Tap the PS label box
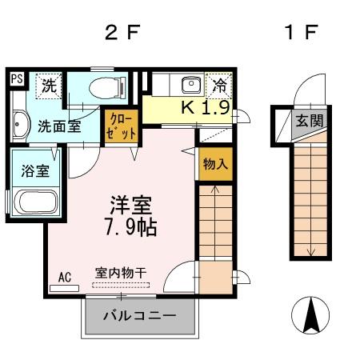pos(16,78)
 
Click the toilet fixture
pos(104,88)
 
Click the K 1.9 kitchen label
pos(206,107)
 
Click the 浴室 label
pos(29,170)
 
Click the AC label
pos(65,277)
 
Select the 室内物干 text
pos(121,273)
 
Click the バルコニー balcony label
pos(139,317)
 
